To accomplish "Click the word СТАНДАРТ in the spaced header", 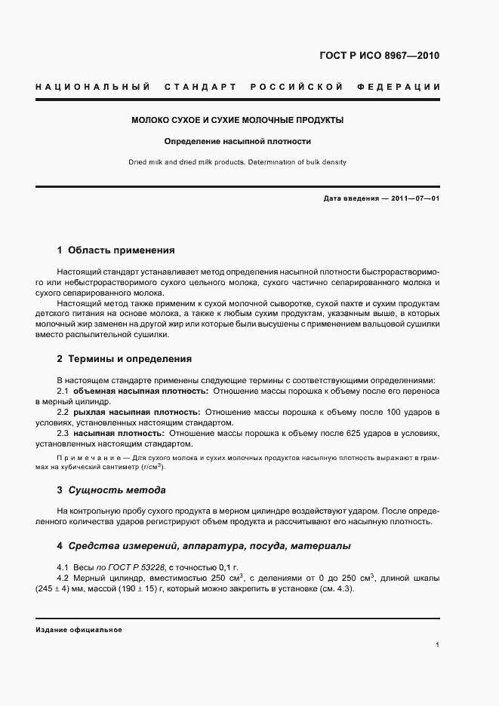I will pos(201,87).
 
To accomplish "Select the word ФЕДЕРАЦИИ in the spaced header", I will pos(404,87).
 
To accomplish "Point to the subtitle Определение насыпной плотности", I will pos(238,141).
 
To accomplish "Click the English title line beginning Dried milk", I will pos(238,162).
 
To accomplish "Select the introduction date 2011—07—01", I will pos(414,198).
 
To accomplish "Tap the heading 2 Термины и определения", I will pos(124,359).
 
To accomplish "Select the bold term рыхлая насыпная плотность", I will pos(137,413).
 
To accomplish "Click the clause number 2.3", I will pos(63,434).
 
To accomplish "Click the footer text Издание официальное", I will pos(79,629).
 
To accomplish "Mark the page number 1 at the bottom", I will pos(438,646).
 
